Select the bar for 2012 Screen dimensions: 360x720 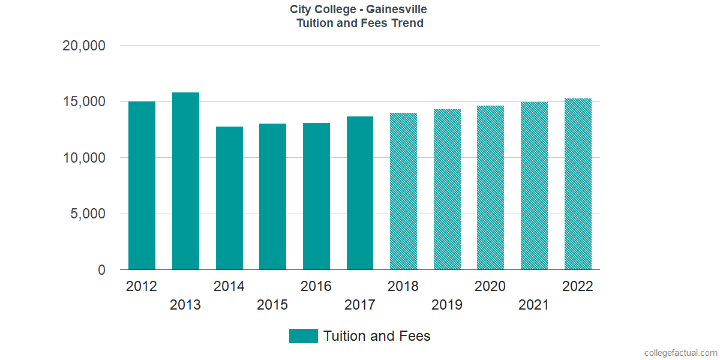point(142,186)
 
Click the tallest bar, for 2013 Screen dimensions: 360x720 point(185,181)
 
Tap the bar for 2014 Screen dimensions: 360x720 point(229,198)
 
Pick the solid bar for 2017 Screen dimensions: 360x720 point(360,193)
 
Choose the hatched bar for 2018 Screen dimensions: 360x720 point(403,191)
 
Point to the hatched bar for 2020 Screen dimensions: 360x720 point(490,188)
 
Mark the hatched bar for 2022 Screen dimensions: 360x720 point(578,184)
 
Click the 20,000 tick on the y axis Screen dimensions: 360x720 point(84,46)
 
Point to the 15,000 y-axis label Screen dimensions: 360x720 point(84,102)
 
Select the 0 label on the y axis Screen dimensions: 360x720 point(101,271)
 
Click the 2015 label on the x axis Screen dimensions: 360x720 point(272,305)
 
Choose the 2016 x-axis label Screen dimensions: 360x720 point(316,286)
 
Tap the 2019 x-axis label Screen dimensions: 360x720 point(447,305)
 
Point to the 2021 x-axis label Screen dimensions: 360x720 point(534,305)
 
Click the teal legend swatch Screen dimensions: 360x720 point(303,336)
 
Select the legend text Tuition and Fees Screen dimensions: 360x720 point(377,336)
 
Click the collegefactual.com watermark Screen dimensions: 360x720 point(680,353)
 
